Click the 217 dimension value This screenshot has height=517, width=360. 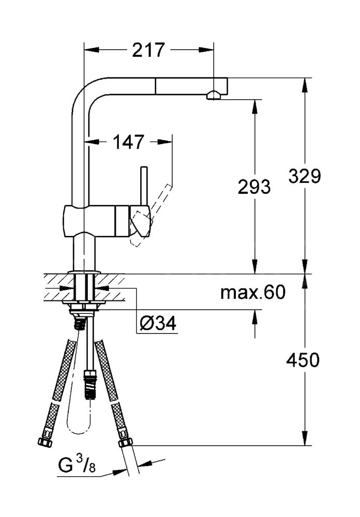148,50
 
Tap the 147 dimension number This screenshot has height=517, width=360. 128,142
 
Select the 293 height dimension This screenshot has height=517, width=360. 254,187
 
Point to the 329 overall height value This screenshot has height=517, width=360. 305,176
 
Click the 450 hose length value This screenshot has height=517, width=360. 303,360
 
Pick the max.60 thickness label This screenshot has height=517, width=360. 253,292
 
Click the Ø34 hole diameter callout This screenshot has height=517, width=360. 158,324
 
